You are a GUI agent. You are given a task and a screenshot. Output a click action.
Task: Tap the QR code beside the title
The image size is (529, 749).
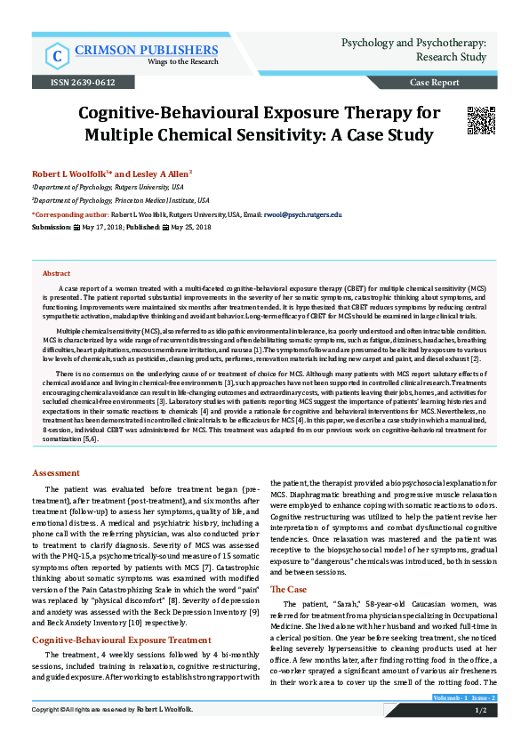480,120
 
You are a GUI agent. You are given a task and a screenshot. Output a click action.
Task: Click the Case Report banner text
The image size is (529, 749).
434,83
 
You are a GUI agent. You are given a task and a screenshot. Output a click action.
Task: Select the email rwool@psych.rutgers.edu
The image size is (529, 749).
305,214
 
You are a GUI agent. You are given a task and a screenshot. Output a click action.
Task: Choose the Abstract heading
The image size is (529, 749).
57,274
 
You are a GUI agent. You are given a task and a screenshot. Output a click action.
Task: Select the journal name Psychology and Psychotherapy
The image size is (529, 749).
413,42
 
